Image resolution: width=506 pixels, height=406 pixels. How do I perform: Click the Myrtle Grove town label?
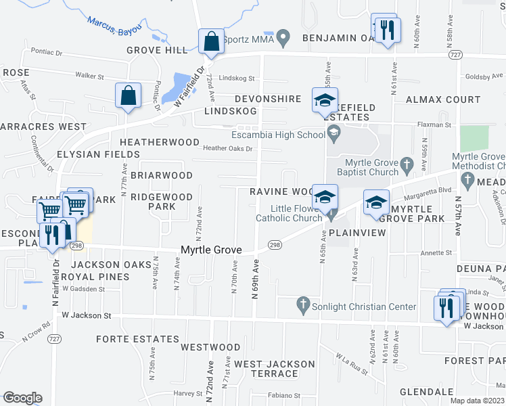pos(211,250)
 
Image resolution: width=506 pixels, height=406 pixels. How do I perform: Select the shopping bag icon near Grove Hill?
pos(211,42)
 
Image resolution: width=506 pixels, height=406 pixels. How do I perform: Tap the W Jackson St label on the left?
pos(86,315)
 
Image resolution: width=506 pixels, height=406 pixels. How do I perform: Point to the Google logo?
pos(22,398)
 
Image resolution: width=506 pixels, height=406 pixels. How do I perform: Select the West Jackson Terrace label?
pos(275,369)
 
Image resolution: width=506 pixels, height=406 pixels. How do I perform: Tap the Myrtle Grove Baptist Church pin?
pos(406,163)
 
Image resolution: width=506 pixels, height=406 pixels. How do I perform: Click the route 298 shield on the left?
pos(75,246)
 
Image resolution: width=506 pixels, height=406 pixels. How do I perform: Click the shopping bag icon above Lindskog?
pos(128,96)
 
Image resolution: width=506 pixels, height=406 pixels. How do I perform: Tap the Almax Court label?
pos(443,99)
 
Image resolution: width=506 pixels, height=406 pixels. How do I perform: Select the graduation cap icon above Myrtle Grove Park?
pos(376,202)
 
